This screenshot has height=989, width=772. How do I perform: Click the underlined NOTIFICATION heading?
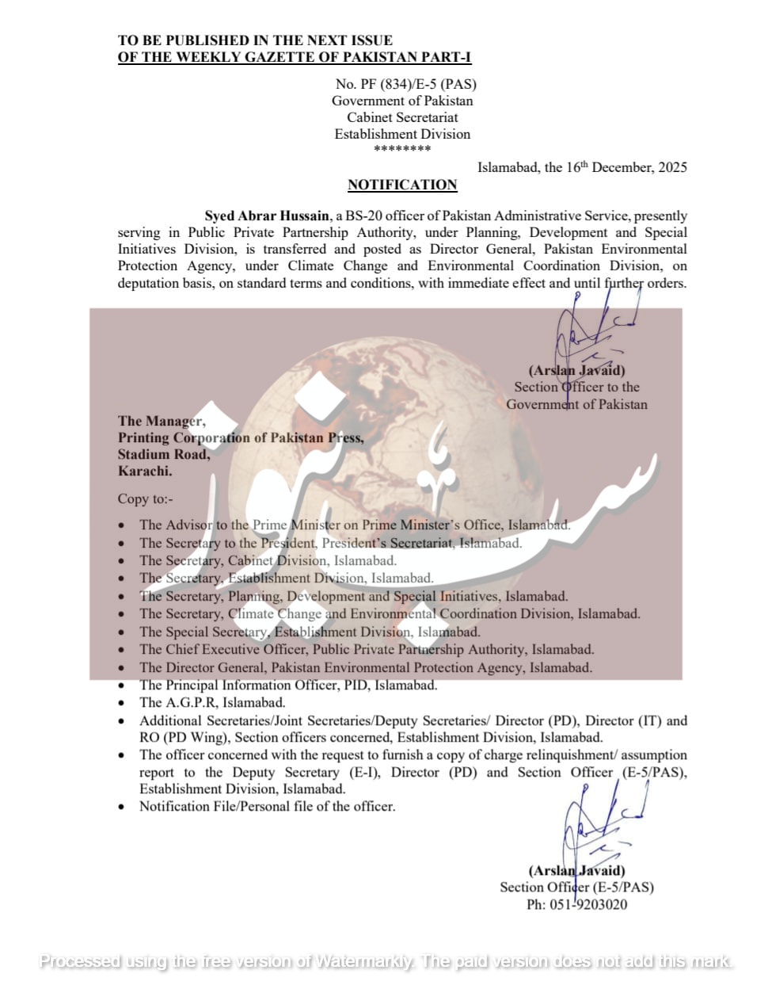point(402,185)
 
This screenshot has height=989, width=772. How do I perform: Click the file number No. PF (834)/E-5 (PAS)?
point(405,84)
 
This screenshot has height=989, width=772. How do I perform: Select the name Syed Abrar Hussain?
point(267,216)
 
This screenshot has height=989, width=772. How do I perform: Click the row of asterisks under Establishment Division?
point(402,149)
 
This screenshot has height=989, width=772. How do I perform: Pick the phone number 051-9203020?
point(588,904)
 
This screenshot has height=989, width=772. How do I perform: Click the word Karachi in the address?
point(145,471)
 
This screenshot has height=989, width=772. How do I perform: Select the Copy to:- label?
point(145,498)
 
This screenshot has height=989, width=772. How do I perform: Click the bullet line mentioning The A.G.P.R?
point(212,702)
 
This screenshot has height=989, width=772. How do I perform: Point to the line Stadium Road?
point(164,454)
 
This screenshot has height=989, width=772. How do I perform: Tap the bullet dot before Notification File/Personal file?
point(121,808)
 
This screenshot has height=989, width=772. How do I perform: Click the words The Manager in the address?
point(162,421)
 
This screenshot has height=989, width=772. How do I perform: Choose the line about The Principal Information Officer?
point(288,685)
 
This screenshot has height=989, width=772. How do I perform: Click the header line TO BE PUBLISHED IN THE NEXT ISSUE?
point(255,40)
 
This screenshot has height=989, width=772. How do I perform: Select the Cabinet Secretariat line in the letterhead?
point(402,117)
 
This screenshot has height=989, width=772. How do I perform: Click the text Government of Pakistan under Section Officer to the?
point(576,404)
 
